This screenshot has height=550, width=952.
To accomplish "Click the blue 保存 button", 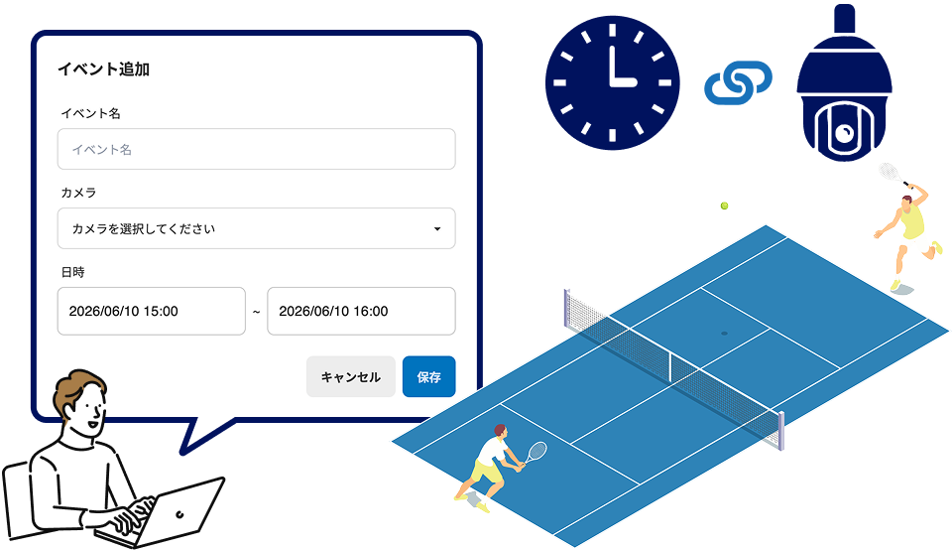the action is click(x=428, y=377).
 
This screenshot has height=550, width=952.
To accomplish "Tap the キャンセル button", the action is click(x=350, y=377).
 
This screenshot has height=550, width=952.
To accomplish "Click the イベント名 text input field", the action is click(x=256, y=149).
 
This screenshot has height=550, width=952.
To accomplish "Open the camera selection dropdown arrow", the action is click(x=437, y=229).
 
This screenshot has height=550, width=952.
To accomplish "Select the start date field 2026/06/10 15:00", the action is click(x=151, y=311).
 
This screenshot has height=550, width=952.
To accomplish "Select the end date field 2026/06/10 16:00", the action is click(x=361, y=311).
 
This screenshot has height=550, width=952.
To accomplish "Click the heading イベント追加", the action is click(x=104, y=69).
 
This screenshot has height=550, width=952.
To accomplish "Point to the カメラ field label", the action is click(x=78, y=193).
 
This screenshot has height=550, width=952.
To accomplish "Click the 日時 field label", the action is click(x=72, y=272).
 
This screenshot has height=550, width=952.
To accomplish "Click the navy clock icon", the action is click(x=612, y=82).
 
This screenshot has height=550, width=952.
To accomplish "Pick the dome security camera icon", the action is click(x=844, y=82).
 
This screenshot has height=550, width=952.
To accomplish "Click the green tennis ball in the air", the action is click(x=724, y=206).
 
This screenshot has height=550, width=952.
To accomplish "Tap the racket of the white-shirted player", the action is click(x=536, y=453).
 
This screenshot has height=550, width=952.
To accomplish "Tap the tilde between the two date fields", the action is click(x=256, y=312).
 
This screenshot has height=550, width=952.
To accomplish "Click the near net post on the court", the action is click(x=780, y=431).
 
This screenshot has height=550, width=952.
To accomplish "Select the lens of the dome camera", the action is click(x=845, y=132).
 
